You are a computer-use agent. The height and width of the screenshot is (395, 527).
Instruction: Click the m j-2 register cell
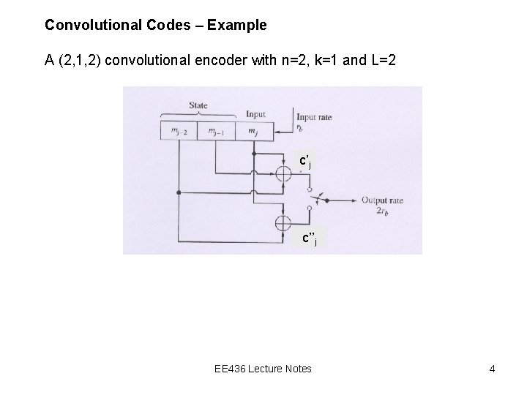pos(180,131)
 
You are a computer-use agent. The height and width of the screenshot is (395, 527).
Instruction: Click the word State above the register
pos(198,106)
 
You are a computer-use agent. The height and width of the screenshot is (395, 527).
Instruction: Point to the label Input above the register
pos(256,115)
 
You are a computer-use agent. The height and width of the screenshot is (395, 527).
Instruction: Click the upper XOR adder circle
pos(280,174)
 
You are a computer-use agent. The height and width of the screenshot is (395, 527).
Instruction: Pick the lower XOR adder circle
pos(280,222)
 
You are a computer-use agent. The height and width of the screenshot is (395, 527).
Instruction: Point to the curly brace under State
pos(198,114)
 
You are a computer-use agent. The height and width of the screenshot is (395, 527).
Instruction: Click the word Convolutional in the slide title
pos(82,26)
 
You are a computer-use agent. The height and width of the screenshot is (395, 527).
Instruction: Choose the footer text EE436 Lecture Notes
pos(263,369)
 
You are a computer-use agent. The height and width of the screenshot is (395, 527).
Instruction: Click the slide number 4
pos(493,369)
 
